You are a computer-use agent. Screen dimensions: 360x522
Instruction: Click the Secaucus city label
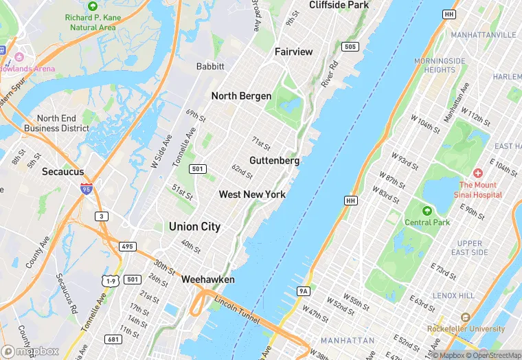63,171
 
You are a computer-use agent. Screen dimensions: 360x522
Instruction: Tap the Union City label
194,226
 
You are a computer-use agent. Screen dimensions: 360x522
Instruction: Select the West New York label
252,194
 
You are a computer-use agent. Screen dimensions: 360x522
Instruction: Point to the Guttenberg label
274,161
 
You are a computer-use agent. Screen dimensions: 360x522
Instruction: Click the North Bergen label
241,96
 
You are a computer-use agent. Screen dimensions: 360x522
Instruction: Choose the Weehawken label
207,280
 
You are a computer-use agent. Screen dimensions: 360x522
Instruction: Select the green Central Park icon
427,210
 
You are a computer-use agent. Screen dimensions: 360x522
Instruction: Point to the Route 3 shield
102,216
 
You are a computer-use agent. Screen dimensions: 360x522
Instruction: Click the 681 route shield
113,339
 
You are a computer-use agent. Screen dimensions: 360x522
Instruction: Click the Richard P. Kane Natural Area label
93,23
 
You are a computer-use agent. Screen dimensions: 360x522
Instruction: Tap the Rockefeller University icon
465,317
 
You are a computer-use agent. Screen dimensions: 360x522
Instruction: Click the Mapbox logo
30,352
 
